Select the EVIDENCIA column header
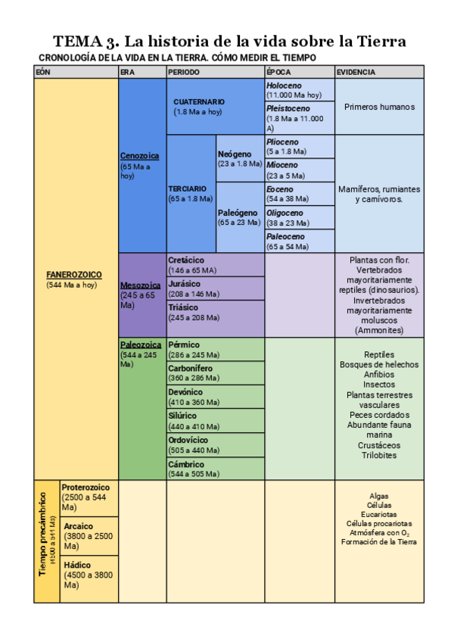356,72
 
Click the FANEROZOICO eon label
73,275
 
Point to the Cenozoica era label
140,156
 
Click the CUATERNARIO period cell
199,101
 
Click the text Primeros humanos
379,107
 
